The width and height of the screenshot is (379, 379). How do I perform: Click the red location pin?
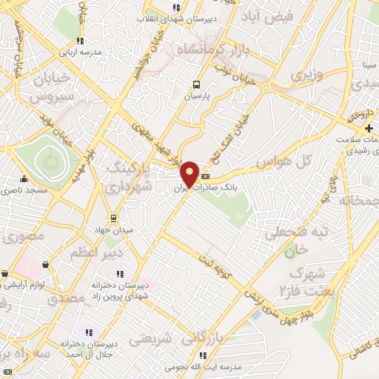pos(190,175)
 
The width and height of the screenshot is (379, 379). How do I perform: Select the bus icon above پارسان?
pos(196,84)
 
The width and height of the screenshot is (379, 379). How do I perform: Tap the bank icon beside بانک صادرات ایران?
pos(205,176)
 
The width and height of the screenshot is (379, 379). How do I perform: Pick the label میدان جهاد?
pos(113,229)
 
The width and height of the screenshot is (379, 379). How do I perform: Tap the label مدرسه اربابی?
pos(81,53)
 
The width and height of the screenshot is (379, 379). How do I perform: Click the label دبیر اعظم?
pos(95,253)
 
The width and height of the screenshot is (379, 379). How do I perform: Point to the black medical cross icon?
pos(369,129)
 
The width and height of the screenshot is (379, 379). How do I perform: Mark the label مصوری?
pos(24,238)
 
